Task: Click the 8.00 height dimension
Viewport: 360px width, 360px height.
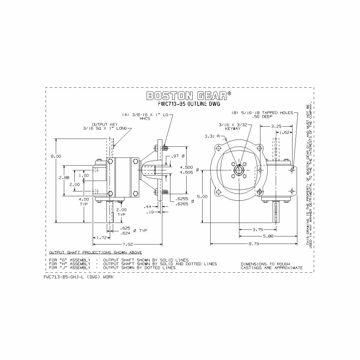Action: coord(56,156)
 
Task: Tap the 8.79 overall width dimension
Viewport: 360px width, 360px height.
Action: coord(254,244)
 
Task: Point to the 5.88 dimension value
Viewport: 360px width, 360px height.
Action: coord(268,236)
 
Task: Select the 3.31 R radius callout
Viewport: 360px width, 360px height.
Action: coord(211,136)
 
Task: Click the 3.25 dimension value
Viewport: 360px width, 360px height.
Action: coord(276,126)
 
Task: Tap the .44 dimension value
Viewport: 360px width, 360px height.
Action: coord(147,207)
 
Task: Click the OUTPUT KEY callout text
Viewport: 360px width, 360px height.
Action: coord(105,124)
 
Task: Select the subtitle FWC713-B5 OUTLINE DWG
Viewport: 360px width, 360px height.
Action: coord(189,104)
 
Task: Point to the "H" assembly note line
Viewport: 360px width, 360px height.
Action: coord(133,264)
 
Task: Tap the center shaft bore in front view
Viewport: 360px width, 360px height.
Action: coord(239,170)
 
